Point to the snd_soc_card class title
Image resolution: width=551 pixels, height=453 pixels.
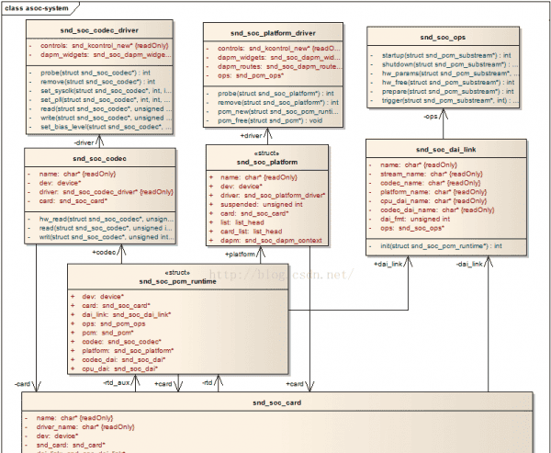(x=276, y=402)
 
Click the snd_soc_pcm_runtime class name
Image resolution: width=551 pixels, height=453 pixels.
(x=178, y=281)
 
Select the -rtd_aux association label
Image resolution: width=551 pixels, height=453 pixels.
(x=117, y=382)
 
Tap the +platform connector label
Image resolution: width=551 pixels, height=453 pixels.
(x=241, y=254)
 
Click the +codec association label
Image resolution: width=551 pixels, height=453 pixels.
(x=104, y=251)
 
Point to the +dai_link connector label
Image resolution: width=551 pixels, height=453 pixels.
(x=388, y=264)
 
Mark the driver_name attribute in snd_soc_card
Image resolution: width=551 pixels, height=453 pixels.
(x=84, y=427)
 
